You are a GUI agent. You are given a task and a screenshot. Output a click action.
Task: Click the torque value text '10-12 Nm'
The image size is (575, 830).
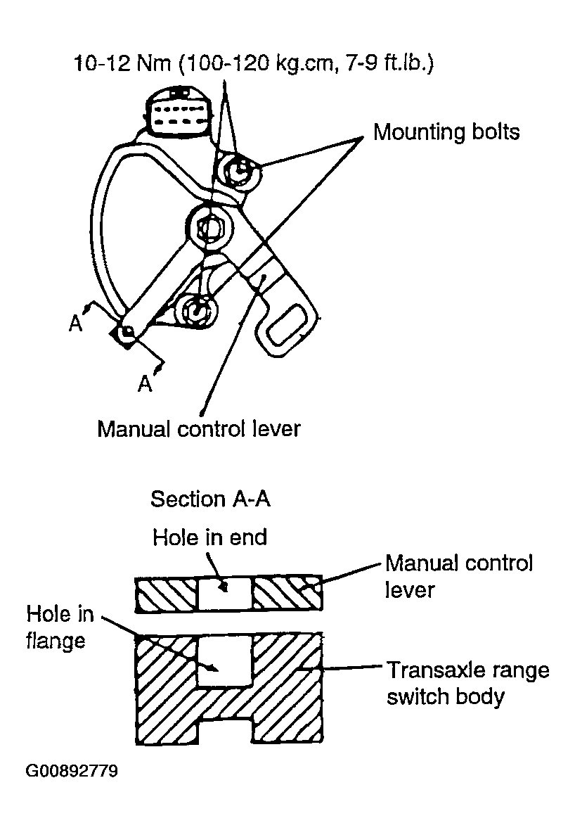pos(123,65)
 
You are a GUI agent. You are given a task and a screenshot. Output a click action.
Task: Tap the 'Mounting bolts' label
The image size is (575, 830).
pos(446,132)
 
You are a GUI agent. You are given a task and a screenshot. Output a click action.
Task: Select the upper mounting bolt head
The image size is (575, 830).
pos(240,170)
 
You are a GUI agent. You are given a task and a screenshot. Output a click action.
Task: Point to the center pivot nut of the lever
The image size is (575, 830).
pos(210,227)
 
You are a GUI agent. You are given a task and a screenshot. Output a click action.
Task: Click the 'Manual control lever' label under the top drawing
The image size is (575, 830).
pos(198,428)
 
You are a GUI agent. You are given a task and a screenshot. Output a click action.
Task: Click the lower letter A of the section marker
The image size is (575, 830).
pos(144,383)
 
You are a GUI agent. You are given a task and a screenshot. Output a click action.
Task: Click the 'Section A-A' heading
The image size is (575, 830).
pos(210,499)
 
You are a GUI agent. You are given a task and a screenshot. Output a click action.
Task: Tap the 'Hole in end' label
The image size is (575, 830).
pos(209,538)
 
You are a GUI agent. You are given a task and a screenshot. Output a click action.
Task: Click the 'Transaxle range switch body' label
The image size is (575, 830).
pos(467,683)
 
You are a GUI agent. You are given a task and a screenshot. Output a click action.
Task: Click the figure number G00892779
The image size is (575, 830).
pos(72,772)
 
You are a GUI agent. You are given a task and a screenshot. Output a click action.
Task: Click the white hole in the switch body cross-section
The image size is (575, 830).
pos(224,663)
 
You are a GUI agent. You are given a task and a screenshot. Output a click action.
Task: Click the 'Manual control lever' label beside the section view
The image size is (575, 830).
pos(458,575)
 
